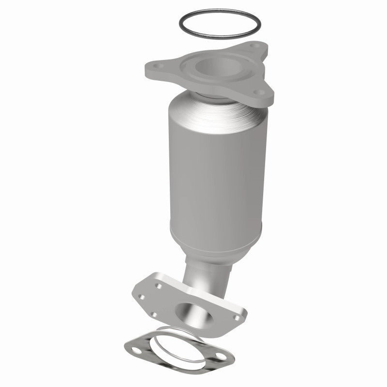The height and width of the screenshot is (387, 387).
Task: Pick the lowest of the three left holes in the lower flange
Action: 153,315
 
